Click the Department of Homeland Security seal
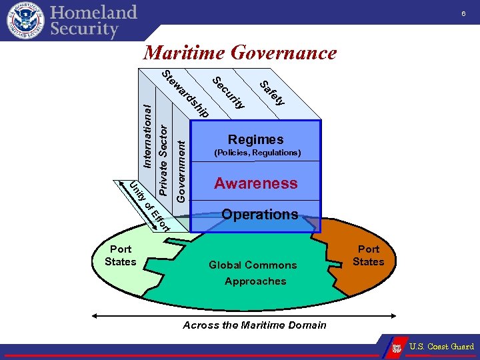[25, 20]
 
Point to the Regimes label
[255, 139]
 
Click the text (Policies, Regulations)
[257, 153]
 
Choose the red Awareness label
[256, 183]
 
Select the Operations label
[259, 214]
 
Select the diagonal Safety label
[272, 92]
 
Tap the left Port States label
[120, 255]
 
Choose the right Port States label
[368, 255]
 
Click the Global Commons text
[253, 265]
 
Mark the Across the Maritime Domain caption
[255, 325]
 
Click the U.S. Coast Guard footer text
[441, 347]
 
